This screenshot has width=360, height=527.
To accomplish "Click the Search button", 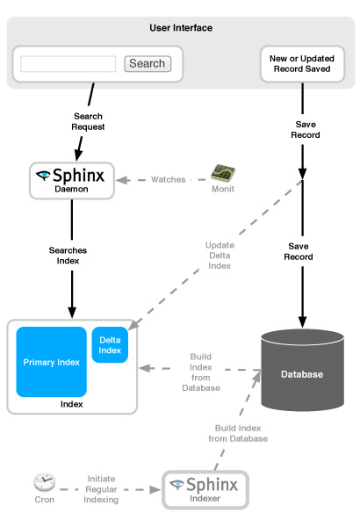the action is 148,63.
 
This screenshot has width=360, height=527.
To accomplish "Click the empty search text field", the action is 68,64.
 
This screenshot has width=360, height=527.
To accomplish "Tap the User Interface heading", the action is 181,28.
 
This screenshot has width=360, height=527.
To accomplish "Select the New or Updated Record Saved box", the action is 302,64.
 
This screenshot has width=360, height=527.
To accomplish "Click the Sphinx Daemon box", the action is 72,181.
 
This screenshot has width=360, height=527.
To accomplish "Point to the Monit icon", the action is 223,173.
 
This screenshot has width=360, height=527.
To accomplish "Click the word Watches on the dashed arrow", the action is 168,179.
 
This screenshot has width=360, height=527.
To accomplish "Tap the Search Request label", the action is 88,121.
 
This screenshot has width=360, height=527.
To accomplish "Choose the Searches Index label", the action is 68,256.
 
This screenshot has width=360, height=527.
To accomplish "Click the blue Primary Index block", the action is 52,362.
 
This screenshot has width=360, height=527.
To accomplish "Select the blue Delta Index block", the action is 110,345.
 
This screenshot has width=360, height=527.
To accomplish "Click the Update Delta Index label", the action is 220,256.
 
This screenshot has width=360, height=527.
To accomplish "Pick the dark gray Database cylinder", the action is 303,370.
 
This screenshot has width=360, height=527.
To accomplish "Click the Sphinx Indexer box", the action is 205,490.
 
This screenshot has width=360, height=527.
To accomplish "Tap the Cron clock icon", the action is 45,482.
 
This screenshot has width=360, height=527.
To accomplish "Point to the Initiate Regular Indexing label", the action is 101,489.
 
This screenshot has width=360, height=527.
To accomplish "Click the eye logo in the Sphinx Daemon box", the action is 43,176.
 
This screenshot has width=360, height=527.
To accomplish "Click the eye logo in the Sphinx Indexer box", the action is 176,484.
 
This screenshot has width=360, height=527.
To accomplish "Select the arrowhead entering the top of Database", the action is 303,322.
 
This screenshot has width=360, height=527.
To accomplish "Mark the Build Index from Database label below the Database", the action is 238,433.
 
